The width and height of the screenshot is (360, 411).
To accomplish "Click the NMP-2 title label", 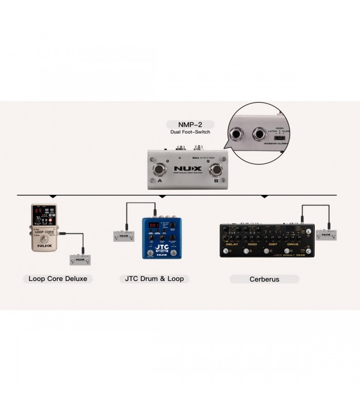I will coord(189,124).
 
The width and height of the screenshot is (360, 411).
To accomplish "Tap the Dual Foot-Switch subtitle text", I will coord(189,133).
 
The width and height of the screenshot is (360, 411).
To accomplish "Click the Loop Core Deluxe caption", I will coord(58,279).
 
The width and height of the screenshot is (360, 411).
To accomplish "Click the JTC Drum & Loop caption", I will coord(154,279).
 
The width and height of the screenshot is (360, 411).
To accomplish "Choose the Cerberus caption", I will coord(264,279).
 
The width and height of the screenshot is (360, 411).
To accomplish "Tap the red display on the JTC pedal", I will coord(153,225).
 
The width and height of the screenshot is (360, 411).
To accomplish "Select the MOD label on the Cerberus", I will coord(252,244).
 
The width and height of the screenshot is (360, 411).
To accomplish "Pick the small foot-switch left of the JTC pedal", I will coord(123,236).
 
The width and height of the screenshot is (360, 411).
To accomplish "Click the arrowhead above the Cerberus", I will coord(264,197).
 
